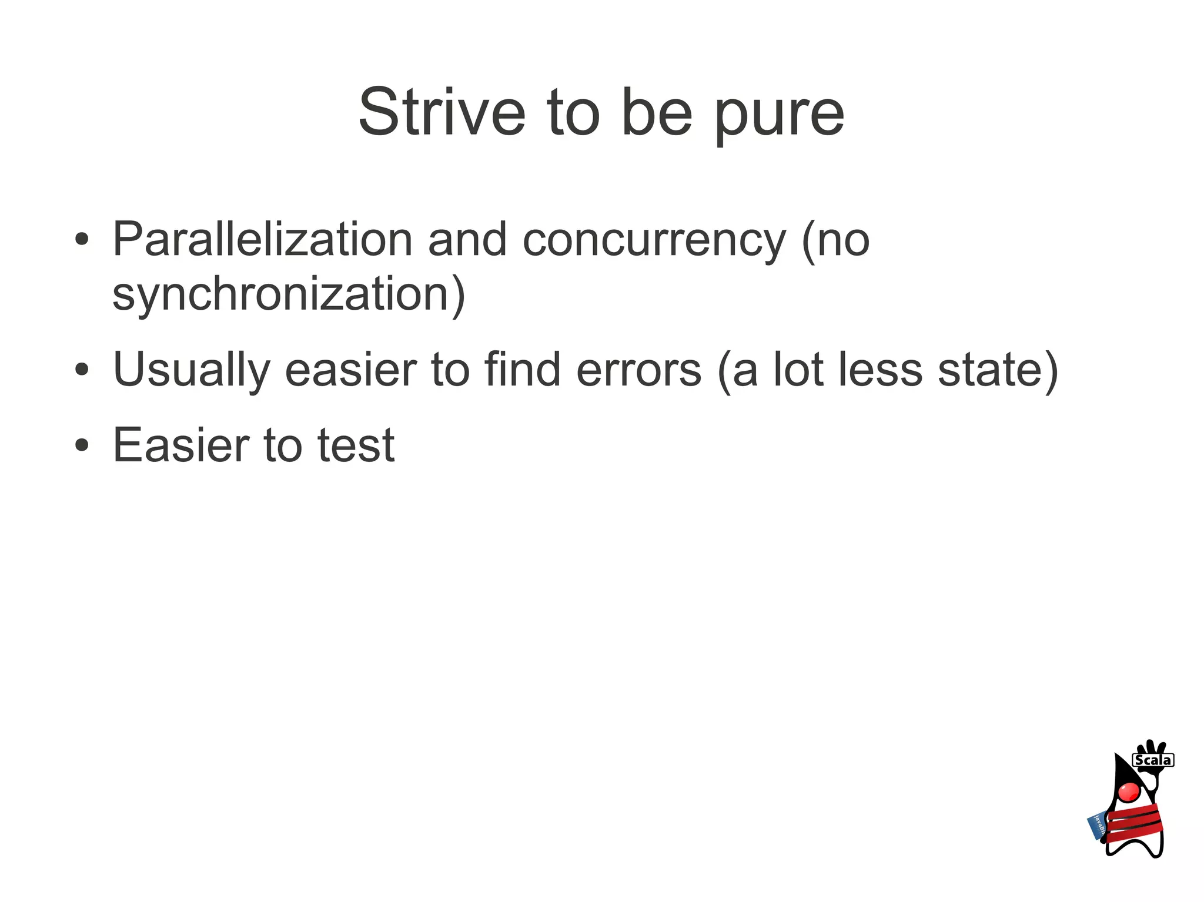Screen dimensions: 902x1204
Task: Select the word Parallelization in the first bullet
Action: (263, 239)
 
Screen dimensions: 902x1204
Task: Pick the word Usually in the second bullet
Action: (192, 370)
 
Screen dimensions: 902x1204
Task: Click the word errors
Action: (639, 370)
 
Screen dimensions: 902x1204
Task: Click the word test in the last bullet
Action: (356, 445)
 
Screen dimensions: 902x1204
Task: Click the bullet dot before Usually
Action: (82, 370)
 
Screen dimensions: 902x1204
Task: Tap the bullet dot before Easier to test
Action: (82, 445)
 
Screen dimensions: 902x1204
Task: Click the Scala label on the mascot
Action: (1153, 760)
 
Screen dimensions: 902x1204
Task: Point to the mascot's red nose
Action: (1129, 792)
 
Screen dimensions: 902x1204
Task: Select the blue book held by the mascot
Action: (1097, 826)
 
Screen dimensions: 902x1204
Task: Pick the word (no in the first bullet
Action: (835, 240)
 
